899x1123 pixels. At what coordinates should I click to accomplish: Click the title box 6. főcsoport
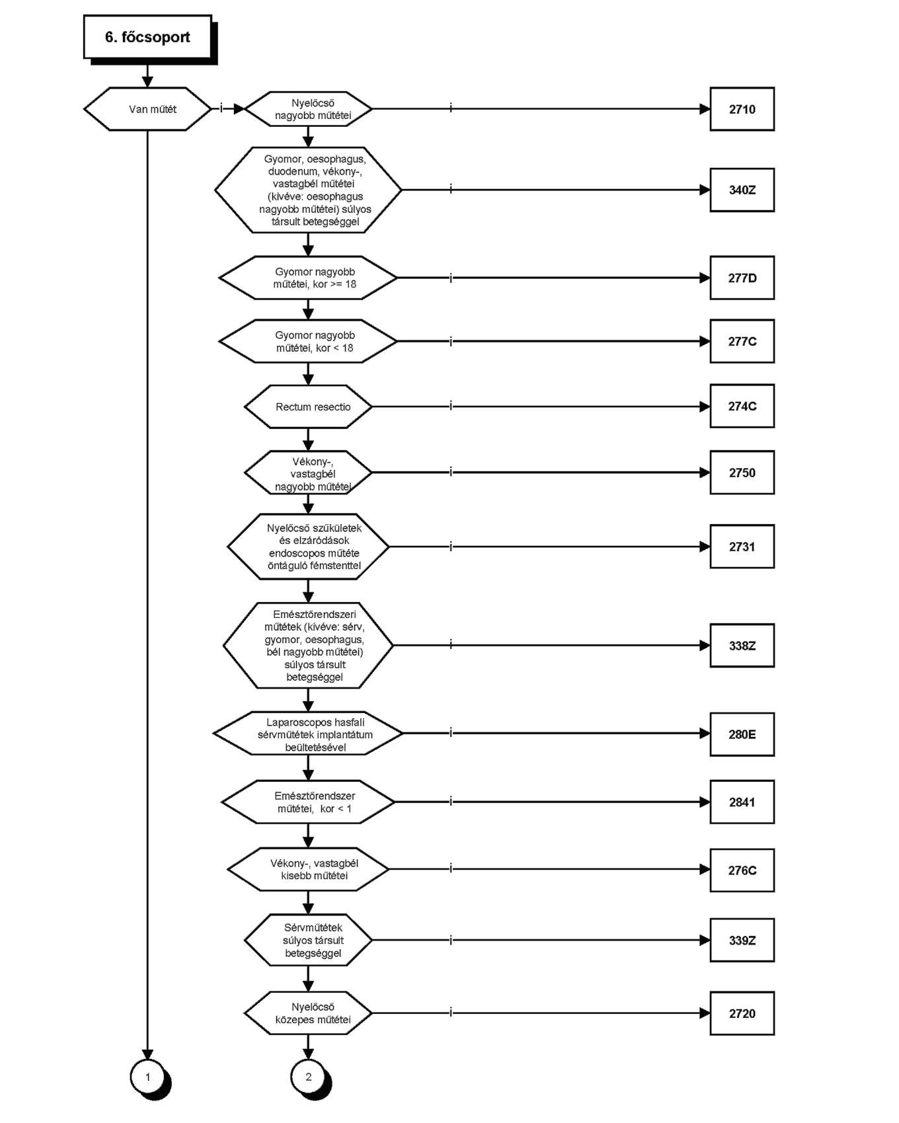click(148, 37)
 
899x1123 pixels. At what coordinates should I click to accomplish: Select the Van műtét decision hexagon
click(147, 109)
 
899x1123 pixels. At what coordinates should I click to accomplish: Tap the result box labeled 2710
click(742, 109)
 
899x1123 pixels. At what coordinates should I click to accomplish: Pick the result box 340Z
click(742, 190)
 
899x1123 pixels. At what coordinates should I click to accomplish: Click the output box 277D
click(742, 278)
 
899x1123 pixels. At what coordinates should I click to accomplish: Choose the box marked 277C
click(742, 341)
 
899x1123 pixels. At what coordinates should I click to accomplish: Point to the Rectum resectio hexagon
click(308, 407)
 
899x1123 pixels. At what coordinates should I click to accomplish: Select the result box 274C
click(742, 406)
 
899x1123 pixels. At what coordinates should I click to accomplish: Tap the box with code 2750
click(742, 473)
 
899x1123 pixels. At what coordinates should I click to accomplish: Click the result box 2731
click(742, 547)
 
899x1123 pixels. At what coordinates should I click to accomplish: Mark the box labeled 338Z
click(742, 645)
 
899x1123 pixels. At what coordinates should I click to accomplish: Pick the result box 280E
click(742, 734)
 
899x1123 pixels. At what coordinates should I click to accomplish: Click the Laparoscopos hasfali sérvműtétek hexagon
click(308, 734)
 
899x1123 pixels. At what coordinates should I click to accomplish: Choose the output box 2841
click(742, 802)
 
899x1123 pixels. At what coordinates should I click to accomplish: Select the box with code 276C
click(742, 870)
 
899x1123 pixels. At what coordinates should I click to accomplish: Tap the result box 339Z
click(742, 940)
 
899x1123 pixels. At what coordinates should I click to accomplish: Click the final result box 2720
click(742, 1013)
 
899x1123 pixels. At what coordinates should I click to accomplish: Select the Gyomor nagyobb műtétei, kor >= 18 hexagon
click(308, 278)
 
